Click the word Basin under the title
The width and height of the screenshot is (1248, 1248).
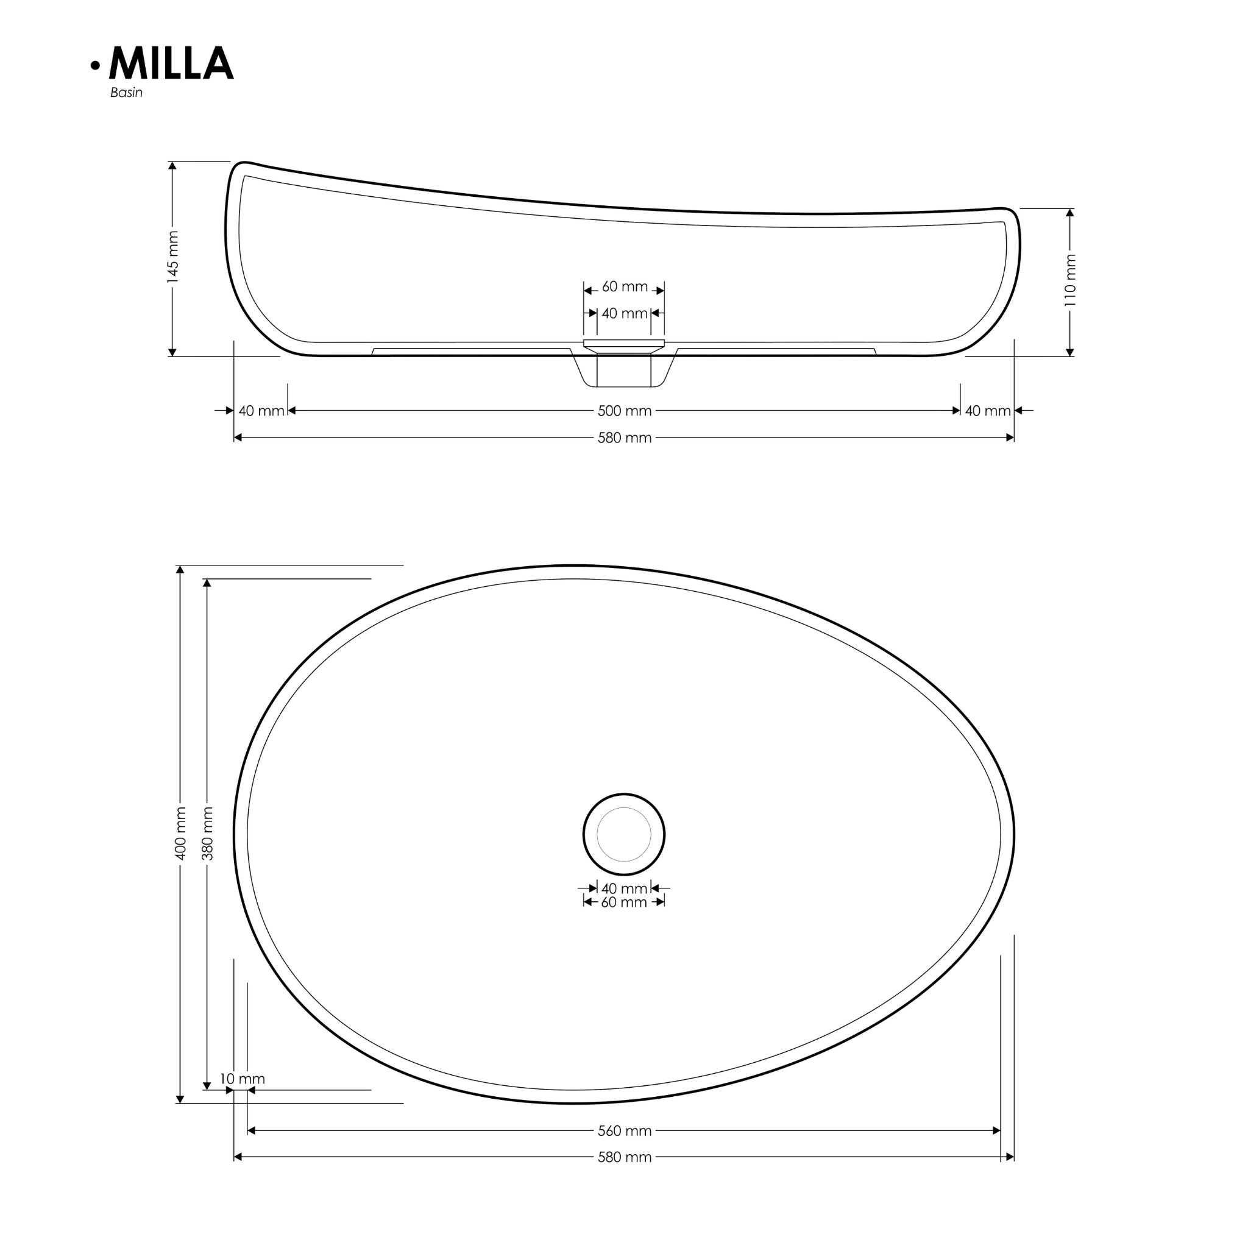[x=126, y=93]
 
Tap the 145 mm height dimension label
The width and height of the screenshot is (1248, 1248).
[x=172, y=257]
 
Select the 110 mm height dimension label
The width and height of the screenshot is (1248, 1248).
[x=1070, y=280]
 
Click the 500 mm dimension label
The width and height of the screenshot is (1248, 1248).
[x=624, y=411]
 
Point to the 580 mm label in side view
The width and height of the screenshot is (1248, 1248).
[x=624, y=438]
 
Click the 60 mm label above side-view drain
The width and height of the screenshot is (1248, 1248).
[x=624, y=286]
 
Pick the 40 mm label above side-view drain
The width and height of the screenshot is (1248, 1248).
[x=624, y=313]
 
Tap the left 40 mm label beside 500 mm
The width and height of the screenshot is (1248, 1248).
[x=261, y=411]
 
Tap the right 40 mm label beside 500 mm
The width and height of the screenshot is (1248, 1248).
[x=987, y=411]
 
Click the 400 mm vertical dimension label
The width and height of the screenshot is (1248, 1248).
[x=181, y=833]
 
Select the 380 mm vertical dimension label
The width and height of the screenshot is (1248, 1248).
[x=207, y=833]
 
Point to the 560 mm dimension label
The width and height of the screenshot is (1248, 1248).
[x=624, y=1131]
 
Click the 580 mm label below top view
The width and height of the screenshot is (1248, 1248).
[x=624, y=1158]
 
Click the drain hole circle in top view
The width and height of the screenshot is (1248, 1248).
[x=624, y=835]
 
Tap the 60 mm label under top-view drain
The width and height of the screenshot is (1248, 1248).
[x=624, y=902]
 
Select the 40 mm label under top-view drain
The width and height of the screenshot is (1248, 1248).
[x=624, y=888]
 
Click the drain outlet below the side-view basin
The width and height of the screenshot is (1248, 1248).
[x=624, y=372]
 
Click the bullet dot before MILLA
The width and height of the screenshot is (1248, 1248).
[x=96, y=65]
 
